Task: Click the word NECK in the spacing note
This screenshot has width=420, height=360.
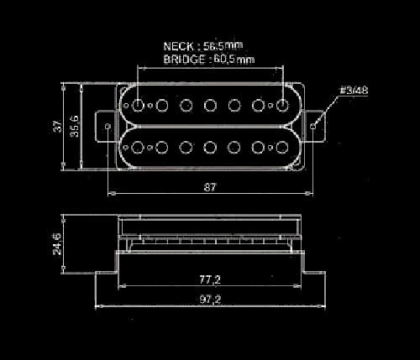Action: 178,46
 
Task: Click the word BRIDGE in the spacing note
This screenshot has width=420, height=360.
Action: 184,60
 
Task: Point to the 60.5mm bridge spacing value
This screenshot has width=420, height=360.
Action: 234,60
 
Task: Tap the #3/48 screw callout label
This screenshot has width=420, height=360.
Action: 354,91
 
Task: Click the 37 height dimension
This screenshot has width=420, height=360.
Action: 58,126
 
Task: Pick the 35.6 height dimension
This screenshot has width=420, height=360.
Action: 75,126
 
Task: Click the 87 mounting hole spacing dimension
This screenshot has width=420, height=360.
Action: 210,187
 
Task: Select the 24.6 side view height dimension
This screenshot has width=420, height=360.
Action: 58,244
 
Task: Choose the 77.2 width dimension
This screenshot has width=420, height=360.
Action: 210,279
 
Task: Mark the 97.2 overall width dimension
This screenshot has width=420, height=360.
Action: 210,300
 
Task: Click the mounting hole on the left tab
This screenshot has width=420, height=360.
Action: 108,126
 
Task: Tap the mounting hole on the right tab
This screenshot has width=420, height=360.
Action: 313,126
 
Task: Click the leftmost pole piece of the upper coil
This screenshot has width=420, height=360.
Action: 138,105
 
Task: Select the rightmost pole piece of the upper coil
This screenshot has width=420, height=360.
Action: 282,105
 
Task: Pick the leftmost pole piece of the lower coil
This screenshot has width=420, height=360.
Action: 138,148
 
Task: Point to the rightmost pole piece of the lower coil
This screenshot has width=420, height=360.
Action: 282,148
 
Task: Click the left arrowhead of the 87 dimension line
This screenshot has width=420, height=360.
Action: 112,193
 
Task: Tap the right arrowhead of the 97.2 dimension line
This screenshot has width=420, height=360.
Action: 322,306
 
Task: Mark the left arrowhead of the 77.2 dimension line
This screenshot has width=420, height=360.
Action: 122,286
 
